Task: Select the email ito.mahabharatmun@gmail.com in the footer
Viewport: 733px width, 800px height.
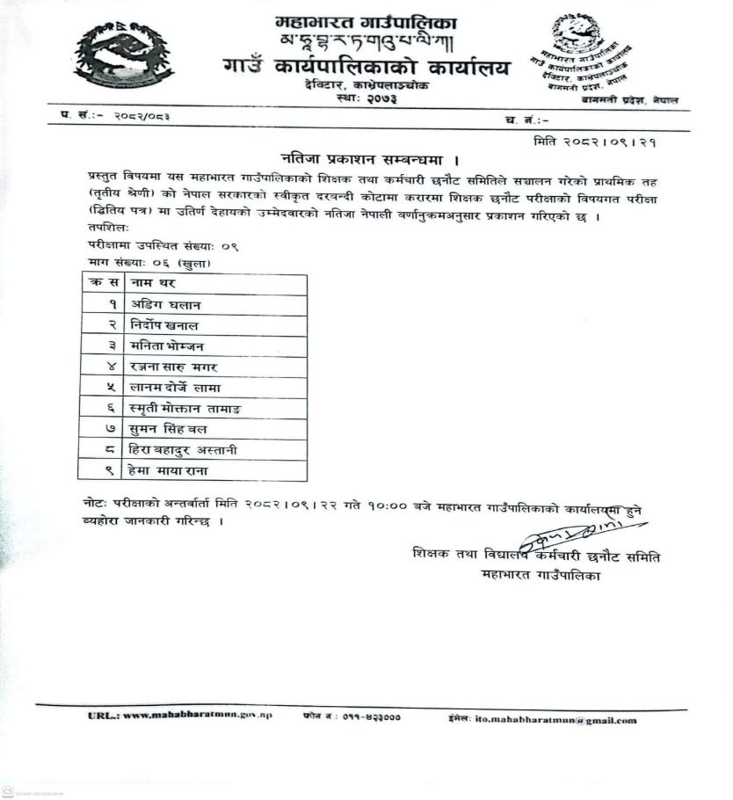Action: tap(555, 720)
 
